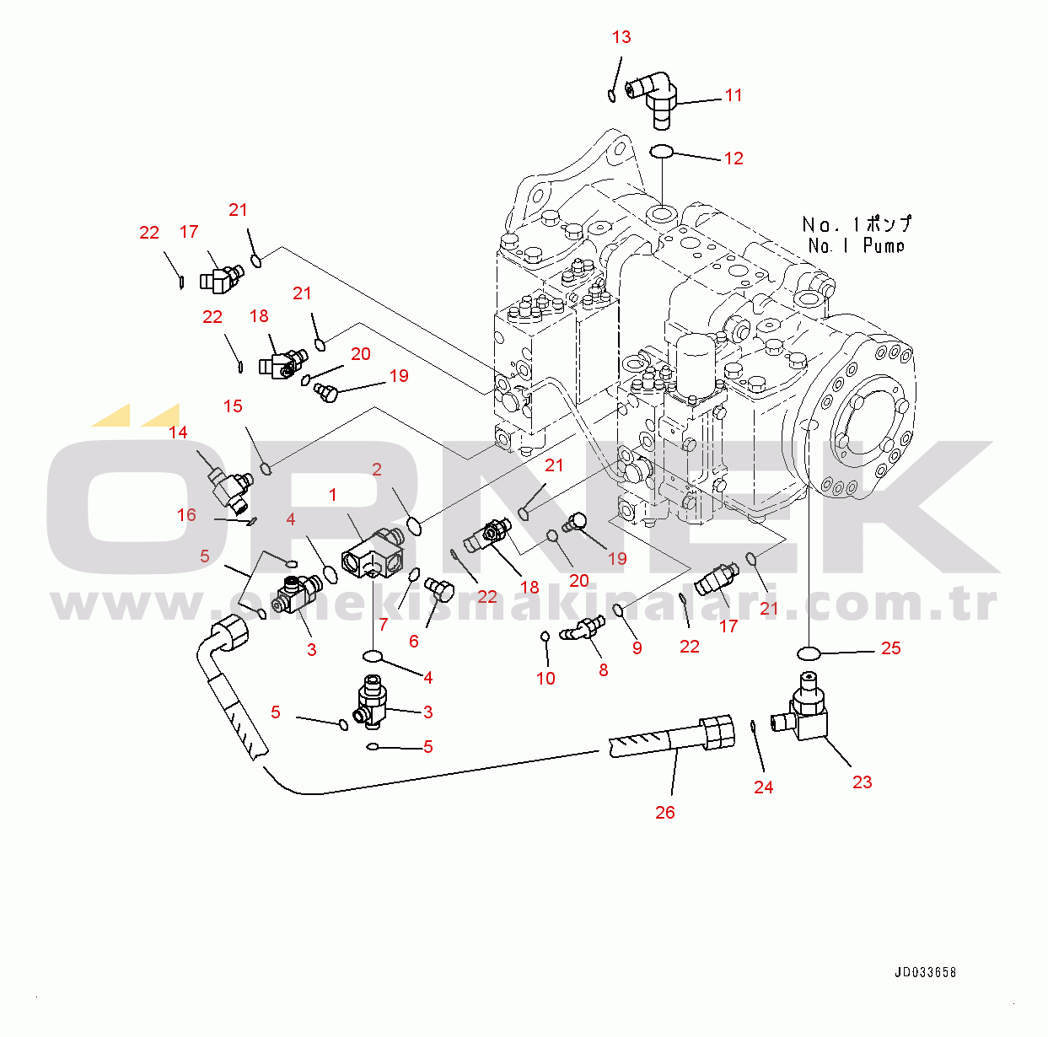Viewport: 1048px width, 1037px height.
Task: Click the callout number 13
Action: click(x=621, y=37)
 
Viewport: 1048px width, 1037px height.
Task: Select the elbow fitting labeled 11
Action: click(x=658, y=97)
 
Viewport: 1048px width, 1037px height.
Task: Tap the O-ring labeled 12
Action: click(x=661, y=151)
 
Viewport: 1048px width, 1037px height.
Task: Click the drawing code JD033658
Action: click(x=925, y=972)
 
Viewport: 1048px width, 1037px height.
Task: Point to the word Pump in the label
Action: click(x=884, y=246)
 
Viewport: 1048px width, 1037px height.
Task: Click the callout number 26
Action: click(x=665, y=813)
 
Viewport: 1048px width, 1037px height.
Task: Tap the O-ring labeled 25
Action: click(x=809, y=653)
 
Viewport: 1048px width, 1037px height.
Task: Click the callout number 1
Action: click(x=333, y=495)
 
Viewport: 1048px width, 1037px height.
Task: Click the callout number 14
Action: click(x=178, y=433)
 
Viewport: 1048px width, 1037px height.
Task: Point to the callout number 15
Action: click(x=233, y=406)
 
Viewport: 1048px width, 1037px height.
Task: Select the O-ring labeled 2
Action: click(x=414, y=526)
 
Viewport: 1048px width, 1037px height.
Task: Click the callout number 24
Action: click(x=763, y=787)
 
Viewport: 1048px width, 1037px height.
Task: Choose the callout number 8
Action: click(x=603, y=670)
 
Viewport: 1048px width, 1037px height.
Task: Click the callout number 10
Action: click(x=545, y=679)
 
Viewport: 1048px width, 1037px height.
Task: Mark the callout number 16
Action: click(x=186, y=515)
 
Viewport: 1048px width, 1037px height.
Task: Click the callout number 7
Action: click(x=384, y=625)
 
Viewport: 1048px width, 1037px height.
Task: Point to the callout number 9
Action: click(x=637, y=647)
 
